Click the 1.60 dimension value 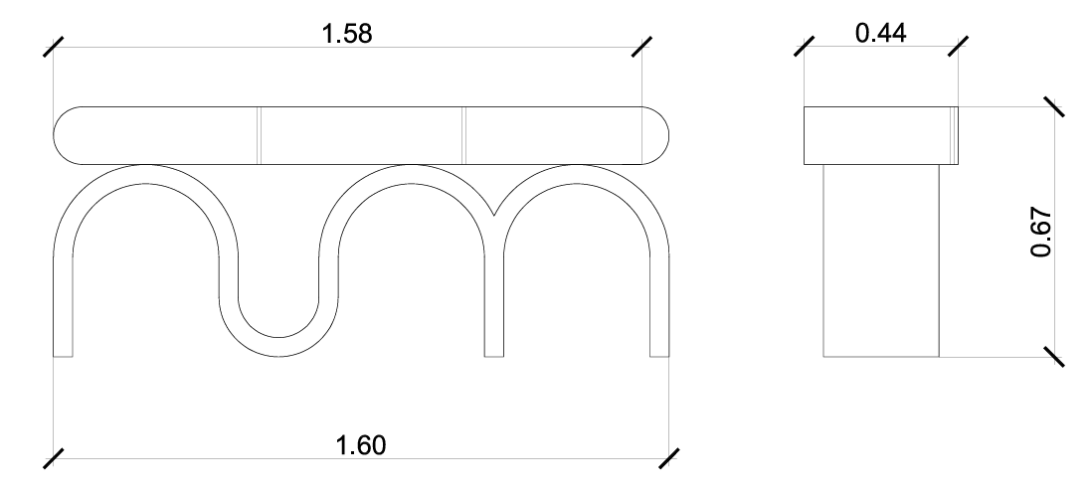pyautogui.click(x=359, y=441)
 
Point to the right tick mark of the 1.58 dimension pyautogui.click(x=642, y=50)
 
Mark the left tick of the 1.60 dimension pyautogui.click(x=55, y=457)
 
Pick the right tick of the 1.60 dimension pyautogui.click(x=670, y=457)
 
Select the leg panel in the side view pyautogui.click(x=882, y=260)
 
